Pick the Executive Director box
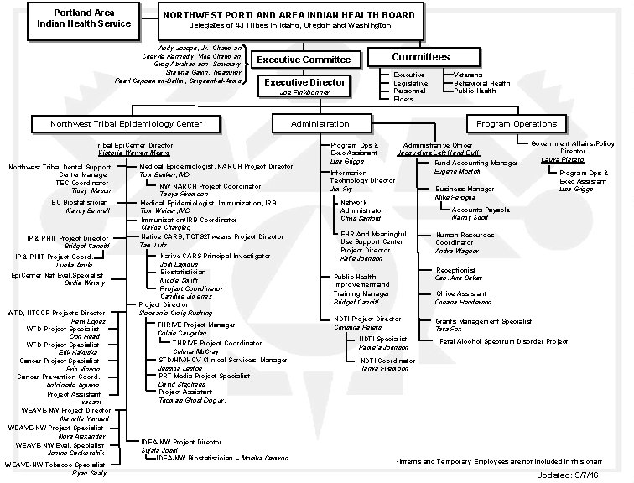click(x=305, y=83)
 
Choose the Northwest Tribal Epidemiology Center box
click(x=126, y=123)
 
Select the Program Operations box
click(x=516, y=123)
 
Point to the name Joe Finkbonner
click(x=305, y=93)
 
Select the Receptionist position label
click(x=455, y=270)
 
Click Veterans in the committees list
click(x=467, y=75)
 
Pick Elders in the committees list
click(x=403, y=99)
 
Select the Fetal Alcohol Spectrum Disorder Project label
click(x=502, y=341)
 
